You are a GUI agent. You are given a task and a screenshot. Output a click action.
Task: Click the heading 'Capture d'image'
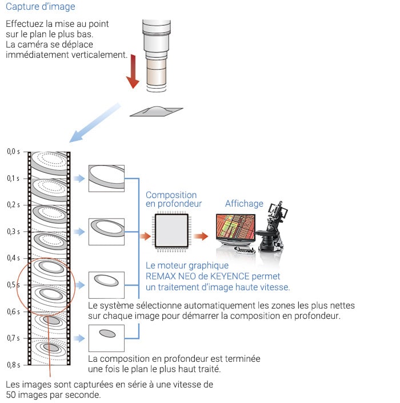[41, 7]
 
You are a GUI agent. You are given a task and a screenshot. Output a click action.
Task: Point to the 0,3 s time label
[13, 232]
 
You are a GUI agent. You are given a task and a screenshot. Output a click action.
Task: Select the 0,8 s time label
[13, 365]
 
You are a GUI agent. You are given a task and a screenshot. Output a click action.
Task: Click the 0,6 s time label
[13, 312]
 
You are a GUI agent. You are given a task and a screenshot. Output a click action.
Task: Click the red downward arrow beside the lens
[133, 71]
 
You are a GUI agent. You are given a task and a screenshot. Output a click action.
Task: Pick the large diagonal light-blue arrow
[94, 123]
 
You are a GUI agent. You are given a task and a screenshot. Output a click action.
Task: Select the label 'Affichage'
[244, 204]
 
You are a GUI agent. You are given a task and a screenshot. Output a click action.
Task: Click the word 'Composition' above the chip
[171, 195]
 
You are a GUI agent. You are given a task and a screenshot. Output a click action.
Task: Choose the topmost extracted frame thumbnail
[106, 179]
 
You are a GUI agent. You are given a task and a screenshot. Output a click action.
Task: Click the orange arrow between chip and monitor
[200, 235]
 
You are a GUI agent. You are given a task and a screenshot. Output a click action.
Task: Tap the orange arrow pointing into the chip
[145, 235]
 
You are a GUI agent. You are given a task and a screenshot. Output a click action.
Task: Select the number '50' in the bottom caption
[11, 395]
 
